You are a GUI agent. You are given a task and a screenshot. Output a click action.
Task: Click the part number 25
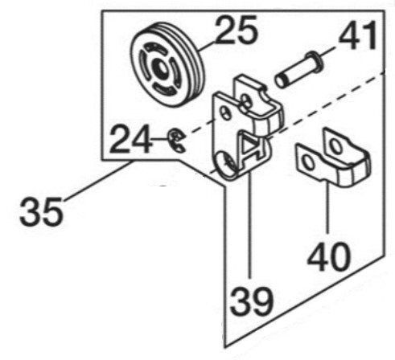(237, 30)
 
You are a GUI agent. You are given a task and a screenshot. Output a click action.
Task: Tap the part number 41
(357, 35)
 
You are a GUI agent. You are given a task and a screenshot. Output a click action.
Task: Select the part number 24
(131, 139)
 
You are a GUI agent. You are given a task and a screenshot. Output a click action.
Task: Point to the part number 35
(42, 211)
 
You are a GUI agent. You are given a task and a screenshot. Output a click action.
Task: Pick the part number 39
(252, 302)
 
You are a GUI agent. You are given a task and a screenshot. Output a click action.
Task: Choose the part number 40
(329, 258)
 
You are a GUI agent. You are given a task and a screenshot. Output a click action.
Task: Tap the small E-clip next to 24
(176, 141)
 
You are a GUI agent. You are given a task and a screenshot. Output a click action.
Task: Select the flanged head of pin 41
(315, 61)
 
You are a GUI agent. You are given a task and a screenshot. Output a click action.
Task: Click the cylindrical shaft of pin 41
(292, 72)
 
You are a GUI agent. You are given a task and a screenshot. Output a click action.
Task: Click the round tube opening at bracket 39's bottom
(227, 166)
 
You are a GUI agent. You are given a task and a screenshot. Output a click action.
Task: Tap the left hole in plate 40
(308, 162)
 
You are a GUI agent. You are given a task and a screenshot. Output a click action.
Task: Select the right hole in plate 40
(335, 146)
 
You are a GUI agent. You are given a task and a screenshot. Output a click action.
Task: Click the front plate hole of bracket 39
(225, 113)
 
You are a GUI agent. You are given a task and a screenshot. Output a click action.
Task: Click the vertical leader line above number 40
(327, 207)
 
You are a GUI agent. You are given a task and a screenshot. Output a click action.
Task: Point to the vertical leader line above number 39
(250, 225)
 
